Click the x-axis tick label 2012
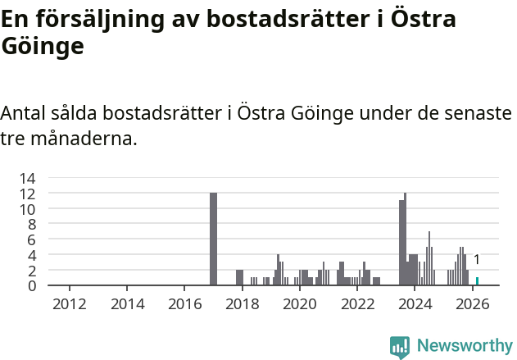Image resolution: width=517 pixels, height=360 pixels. point(70,304)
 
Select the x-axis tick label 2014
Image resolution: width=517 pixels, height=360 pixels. point(127,304)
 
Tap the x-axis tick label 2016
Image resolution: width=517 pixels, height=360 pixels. point(184,304)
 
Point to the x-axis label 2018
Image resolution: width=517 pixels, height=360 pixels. point(242,304)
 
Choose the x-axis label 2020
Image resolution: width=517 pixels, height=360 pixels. point(299,304)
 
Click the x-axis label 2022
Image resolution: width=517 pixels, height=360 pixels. point(357,304)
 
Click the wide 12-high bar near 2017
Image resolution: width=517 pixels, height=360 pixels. point(214,239)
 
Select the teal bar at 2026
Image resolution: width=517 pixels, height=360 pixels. point(477,281)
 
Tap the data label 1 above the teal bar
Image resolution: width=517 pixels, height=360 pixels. point(477,260)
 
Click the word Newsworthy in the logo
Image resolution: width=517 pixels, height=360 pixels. point(464,346)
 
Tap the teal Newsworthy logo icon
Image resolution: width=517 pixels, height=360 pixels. point(400,347)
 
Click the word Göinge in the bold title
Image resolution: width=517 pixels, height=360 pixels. point(43,46)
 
